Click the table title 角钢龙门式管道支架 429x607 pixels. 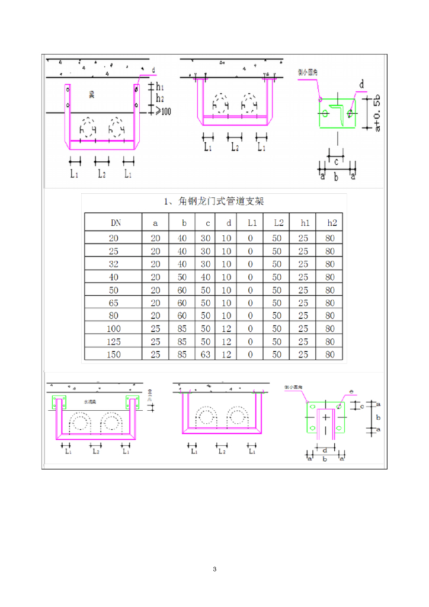click(x=214, y=202)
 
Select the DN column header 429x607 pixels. click(x=116, y=223)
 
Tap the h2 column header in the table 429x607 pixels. click(x=330, y=223)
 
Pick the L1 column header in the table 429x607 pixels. click(x=251, y=223)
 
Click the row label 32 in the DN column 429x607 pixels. click(x=114, y=264)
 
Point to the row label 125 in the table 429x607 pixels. click(x=114, y=341)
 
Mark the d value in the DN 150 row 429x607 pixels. click(x=227, y=354)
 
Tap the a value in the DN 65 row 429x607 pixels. click(x=155, y=303)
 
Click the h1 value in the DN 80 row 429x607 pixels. click(x=303, y=316)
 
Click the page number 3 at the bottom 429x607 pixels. click(x=214, y=569)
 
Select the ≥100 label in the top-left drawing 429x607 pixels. click(x=161, y=110)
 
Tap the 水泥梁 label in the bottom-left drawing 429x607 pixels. click(x=90, y=402)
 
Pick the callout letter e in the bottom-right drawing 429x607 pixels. click(x=351, y=392)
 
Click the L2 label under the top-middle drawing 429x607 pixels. click(x=235, y=146)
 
